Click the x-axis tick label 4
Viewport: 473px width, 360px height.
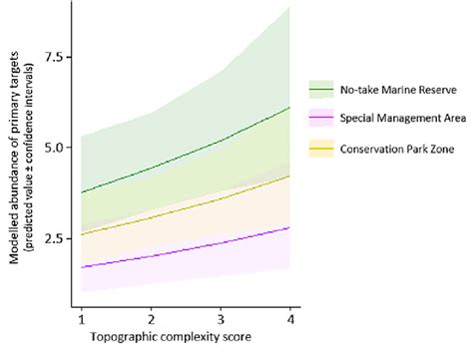[289, 316]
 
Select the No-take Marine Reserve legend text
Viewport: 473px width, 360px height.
[396, 89]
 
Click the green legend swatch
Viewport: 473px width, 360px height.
[321, 89]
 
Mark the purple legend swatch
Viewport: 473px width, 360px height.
[321, 120]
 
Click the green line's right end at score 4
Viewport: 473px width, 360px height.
[289, 108]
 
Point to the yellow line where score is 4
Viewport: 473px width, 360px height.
[289, 177]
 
